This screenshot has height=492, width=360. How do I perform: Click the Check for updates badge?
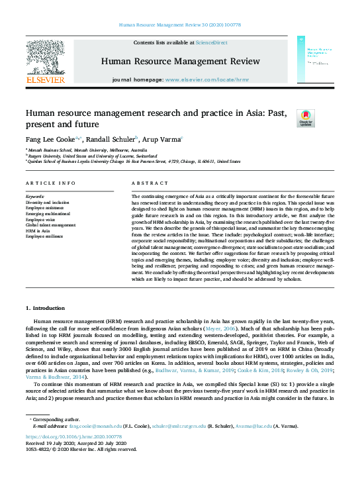(287, 119)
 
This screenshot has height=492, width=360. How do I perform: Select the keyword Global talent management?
(50, 225)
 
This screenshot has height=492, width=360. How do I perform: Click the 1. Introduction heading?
(46, 309)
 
